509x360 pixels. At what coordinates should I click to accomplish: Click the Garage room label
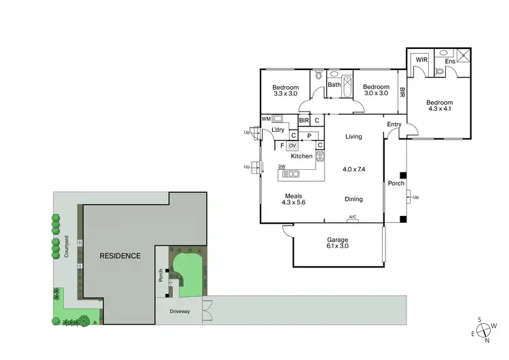(337, 240)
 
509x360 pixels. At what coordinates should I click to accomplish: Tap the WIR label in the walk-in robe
(421, 60)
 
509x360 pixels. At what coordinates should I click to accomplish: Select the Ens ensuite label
(450, 62)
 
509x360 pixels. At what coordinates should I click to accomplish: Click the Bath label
(334, 85)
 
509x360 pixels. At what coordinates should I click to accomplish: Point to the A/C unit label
(353, 217)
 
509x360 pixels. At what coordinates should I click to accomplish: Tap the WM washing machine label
(266, 118)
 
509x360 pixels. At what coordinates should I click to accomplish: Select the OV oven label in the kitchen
(293, 145)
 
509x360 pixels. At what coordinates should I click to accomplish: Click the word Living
(354, 137)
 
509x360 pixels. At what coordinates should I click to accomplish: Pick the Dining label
(354, 199)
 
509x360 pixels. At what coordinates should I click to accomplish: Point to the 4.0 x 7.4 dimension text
(354, 168)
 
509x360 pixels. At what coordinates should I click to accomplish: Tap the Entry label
(394, 124)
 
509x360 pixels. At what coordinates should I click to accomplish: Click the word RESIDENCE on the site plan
(120, 256)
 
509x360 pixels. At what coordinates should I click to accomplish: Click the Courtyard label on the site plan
(67, 247)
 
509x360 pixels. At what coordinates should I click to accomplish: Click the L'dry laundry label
(278, 130)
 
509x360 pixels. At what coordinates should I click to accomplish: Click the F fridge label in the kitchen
(281, 145)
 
